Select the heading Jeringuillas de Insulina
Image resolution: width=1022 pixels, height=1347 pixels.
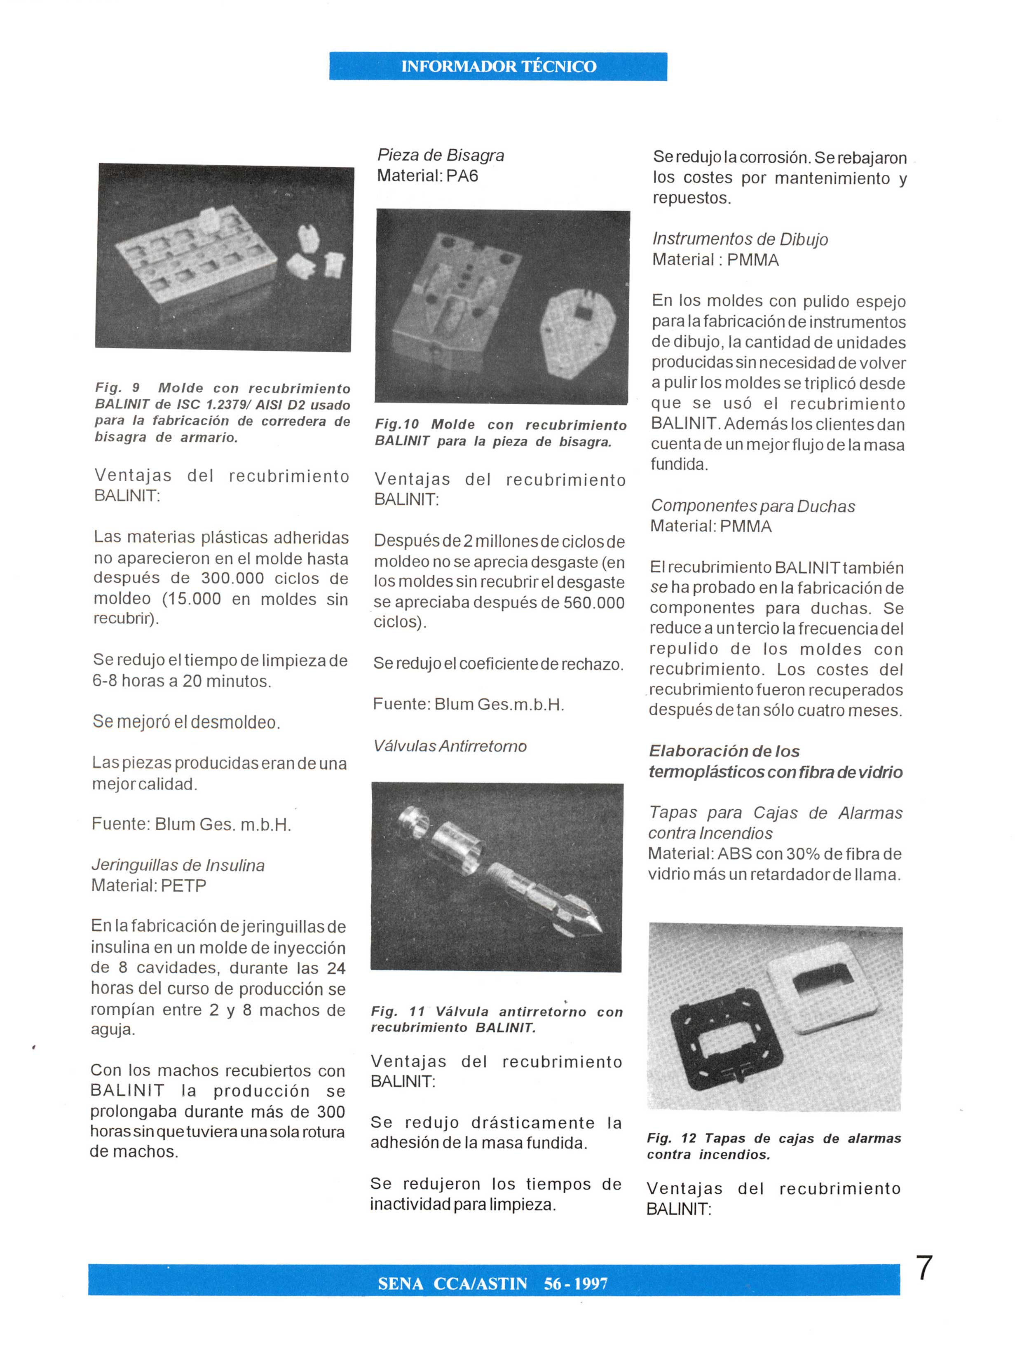(x=178, y=865)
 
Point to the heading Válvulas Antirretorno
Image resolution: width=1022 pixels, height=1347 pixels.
(x=450, y=746)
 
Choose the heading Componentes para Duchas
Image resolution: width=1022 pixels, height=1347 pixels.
(x=753, y=506)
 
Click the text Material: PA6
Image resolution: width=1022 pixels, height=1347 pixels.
(x=428, y=176)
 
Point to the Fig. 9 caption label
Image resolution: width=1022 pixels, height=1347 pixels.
(x=117, y=388)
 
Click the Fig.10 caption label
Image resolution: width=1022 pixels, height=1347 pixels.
(x=397, y=424)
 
